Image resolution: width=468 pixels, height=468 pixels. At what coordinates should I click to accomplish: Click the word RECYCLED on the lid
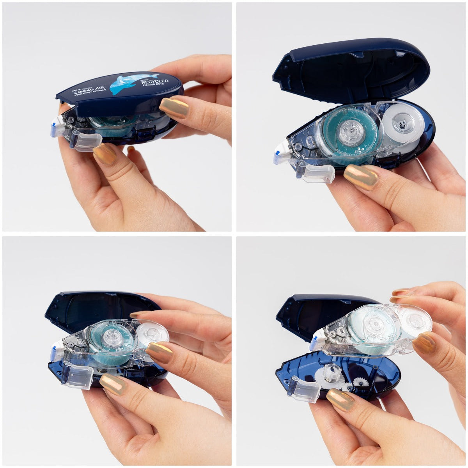click(154, 82)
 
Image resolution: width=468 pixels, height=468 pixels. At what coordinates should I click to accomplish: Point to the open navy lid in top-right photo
click(351, 70)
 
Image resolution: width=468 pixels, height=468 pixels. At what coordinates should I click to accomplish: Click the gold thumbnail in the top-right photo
click(361, 177)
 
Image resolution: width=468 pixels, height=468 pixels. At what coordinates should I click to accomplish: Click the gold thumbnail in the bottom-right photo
click(340, 399)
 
